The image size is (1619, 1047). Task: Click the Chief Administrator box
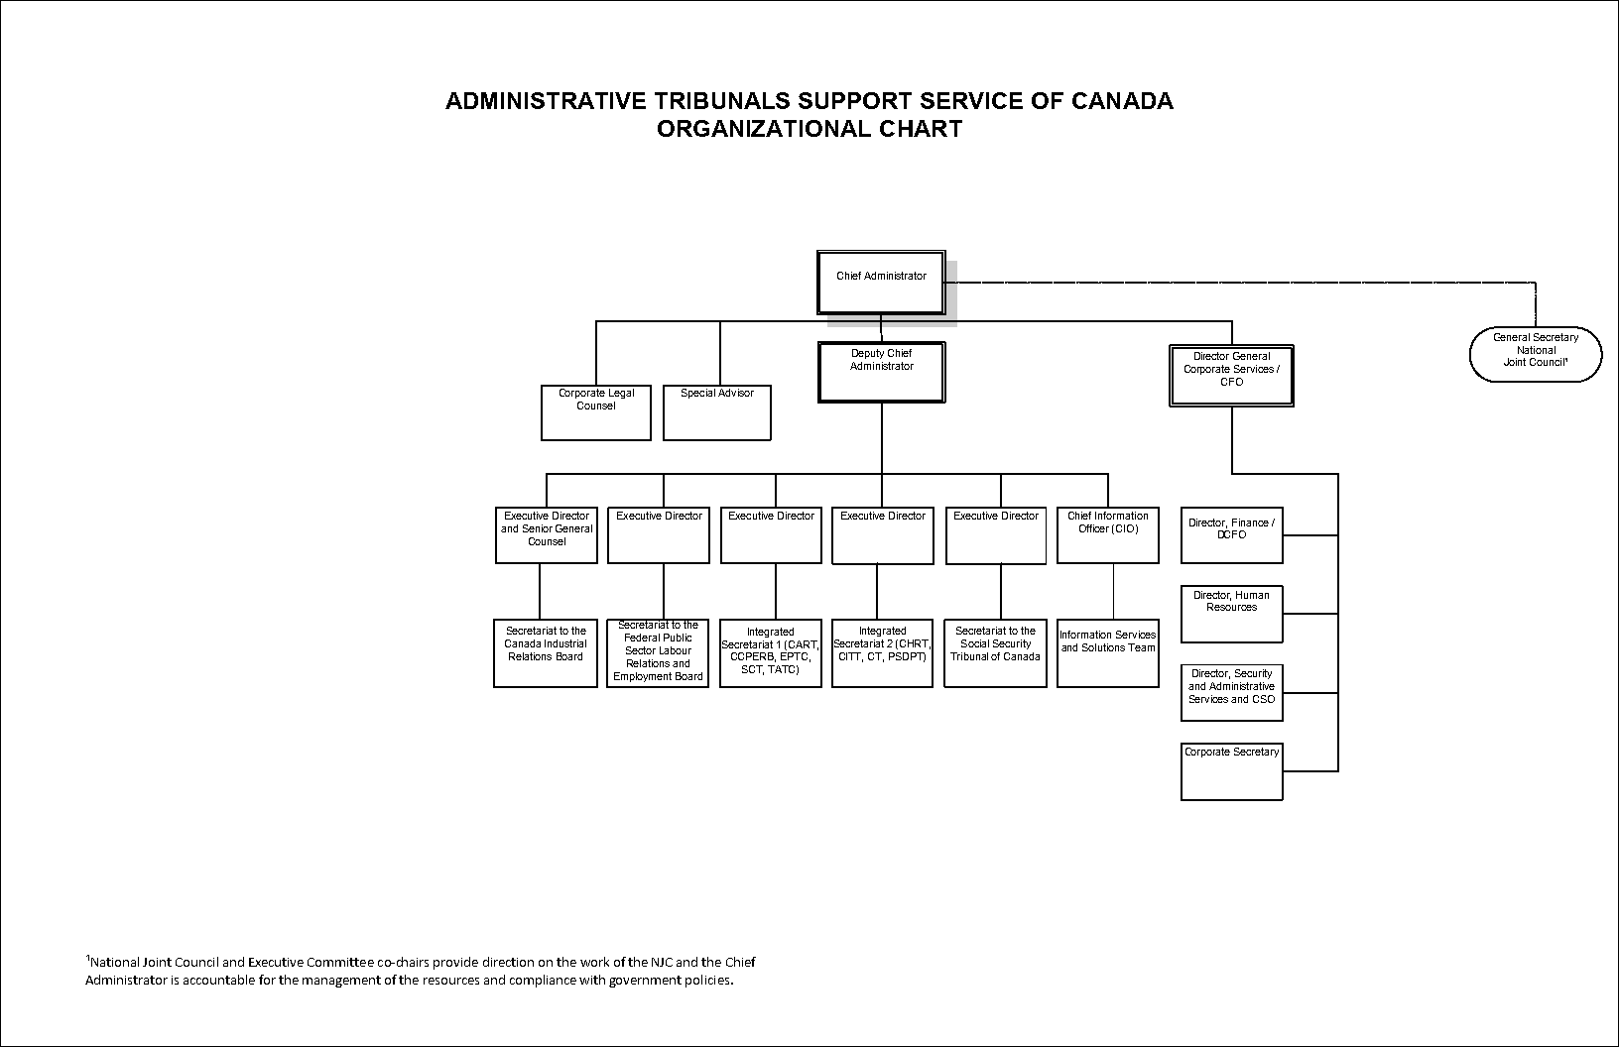(881, 283)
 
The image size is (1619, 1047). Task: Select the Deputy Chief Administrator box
(881, 372)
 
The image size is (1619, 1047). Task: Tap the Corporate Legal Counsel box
(596, 412)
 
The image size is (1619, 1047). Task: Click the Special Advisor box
(717, 412)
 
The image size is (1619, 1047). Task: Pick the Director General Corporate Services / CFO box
(1231, 376)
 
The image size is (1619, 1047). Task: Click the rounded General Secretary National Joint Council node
(1536, 354)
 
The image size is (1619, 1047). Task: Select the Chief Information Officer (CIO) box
(1108, 535)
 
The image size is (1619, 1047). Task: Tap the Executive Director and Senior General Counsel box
(547, 535)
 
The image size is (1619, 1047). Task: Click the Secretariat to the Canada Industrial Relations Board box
(545, 653)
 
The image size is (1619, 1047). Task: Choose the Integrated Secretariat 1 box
(771, 653)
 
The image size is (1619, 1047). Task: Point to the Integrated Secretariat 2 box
(882, 653)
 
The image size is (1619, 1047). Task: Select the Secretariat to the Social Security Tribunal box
(996, 653)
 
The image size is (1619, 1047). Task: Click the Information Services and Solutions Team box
(1108, 653)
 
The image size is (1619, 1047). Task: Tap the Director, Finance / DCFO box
(1231, 535)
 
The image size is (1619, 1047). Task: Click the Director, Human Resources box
(1231, 614)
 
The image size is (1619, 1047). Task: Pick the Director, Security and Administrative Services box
(1231, 692)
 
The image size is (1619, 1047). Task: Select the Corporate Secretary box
(1231, 771)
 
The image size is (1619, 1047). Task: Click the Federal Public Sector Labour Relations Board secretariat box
(658, 653)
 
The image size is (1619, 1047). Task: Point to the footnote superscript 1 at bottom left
(87, 959)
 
